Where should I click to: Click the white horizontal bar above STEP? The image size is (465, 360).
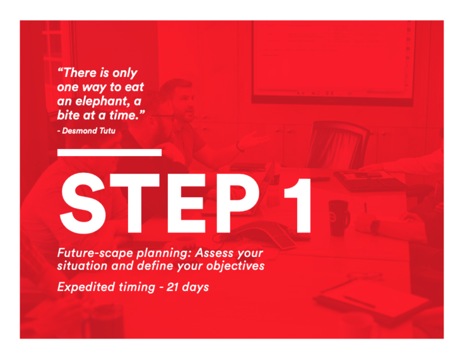coord(109,153)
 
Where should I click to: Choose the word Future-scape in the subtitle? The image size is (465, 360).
coord(95,253)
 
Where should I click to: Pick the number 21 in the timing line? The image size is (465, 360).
coord(173,287)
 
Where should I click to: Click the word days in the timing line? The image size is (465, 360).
coord(196,287)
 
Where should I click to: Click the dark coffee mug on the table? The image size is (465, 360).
coord(339,218)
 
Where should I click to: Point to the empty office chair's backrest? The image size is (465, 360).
coord(338,145)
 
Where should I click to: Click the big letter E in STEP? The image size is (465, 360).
coord(186,203)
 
